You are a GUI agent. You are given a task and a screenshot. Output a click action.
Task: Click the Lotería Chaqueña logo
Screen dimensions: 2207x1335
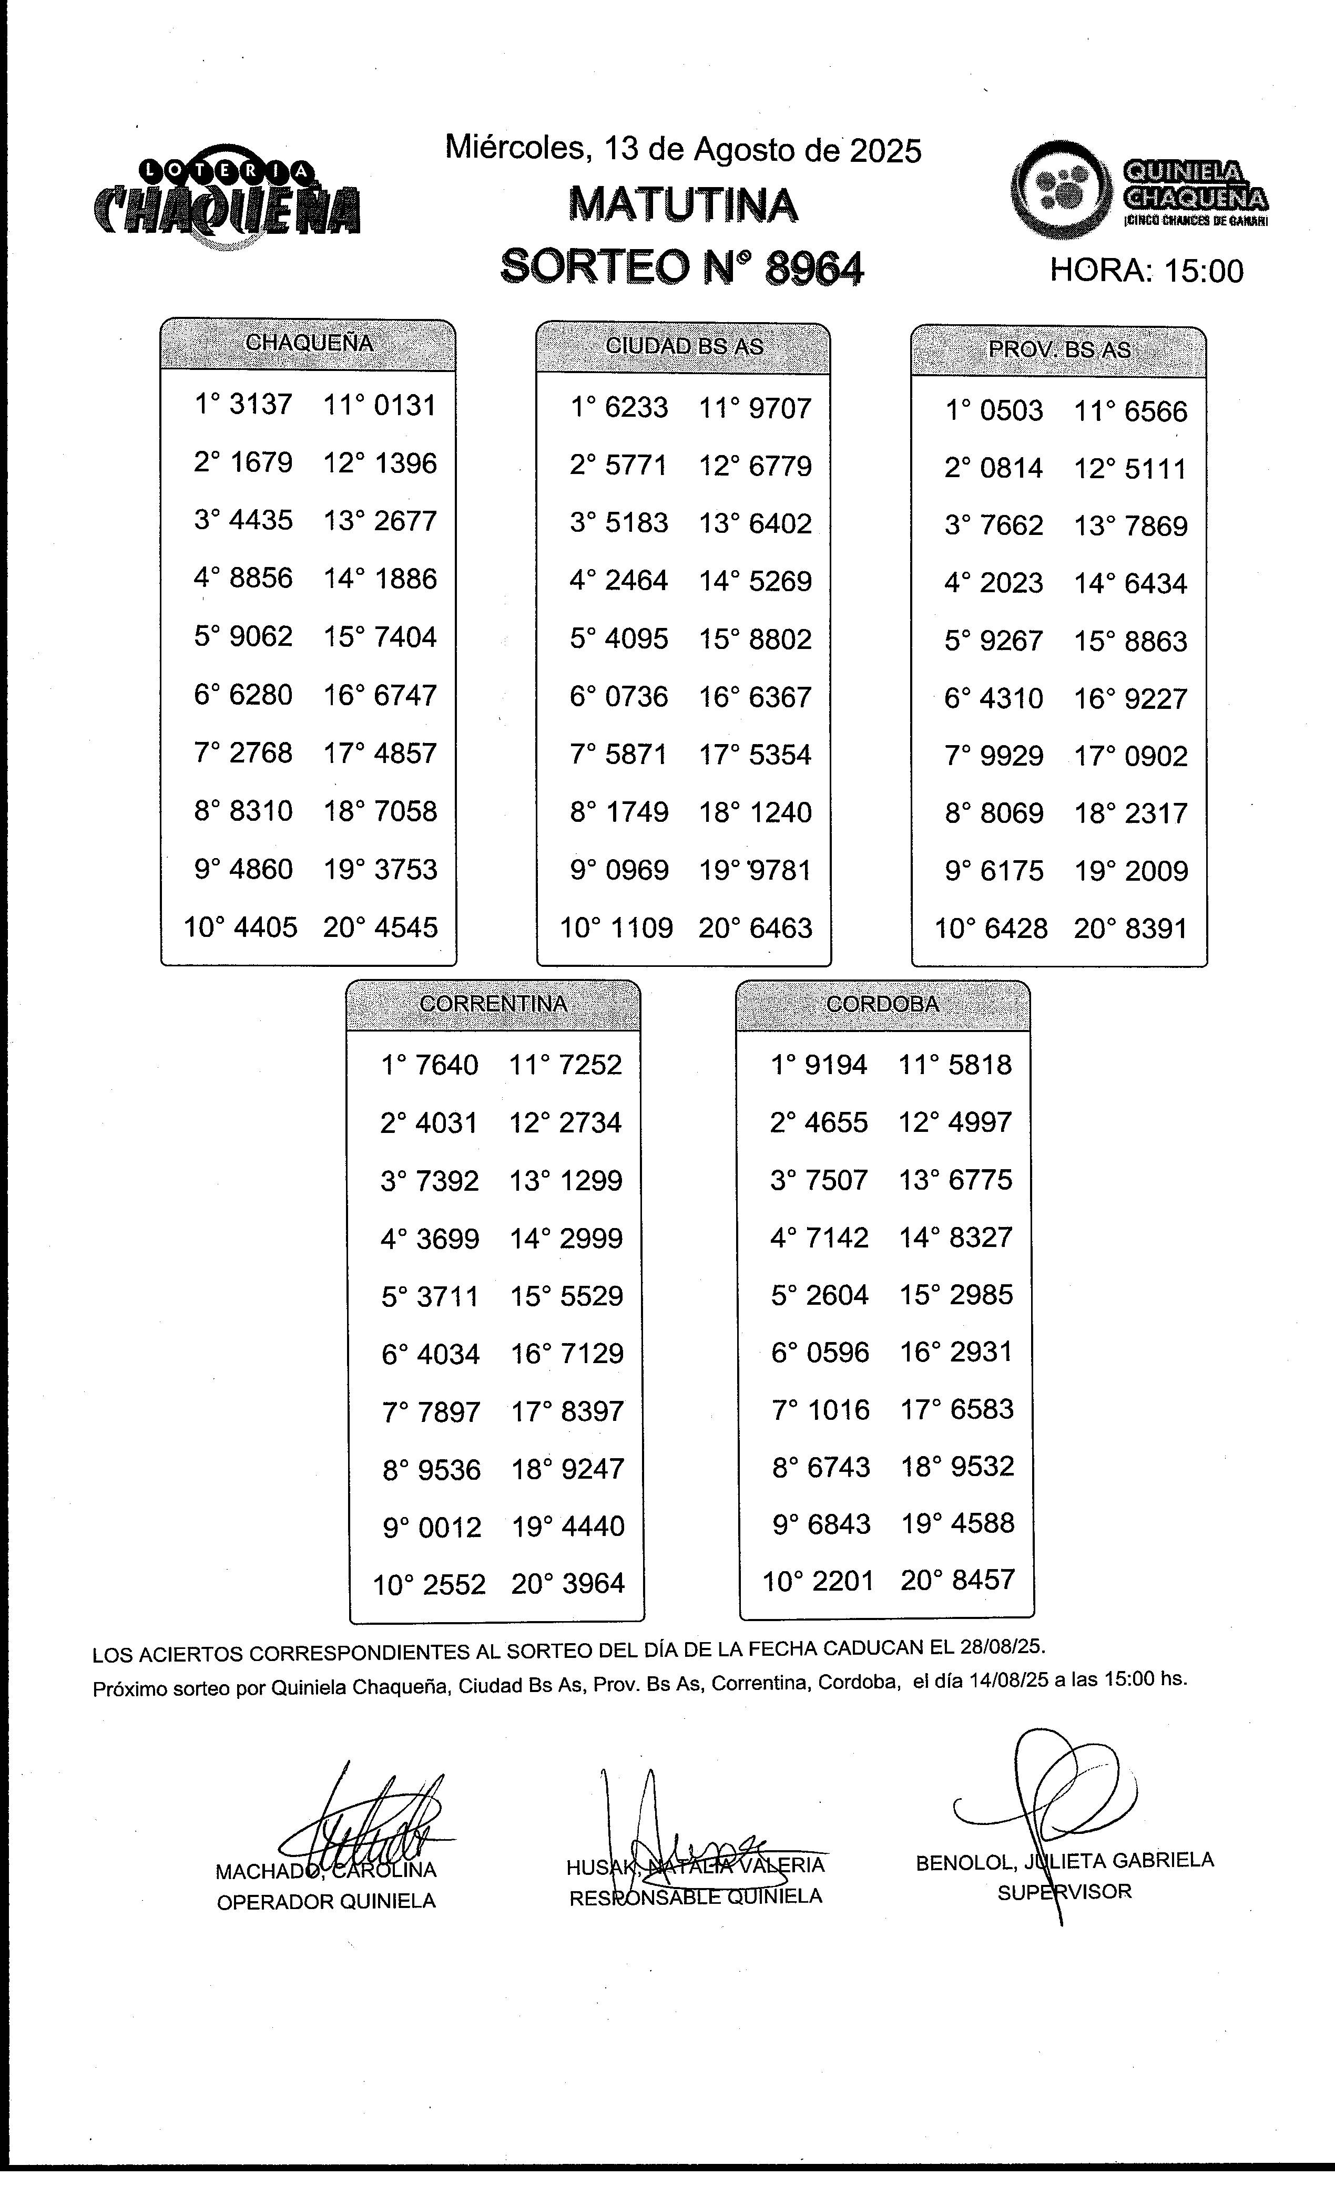(227, 197)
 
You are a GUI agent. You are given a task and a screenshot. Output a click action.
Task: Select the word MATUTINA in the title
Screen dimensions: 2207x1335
(682, 205)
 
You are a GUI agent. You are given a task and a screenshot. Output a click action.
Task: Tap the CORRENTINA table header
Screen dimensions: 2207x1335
(494, 1004)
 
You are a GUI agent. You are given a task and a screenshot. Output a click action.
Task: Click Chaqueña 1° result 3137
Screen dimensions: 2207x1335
(261, 405)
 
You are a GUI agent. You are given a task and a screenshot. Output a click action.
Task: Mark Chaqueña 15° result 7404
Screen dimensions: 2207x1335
(405, 637)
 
